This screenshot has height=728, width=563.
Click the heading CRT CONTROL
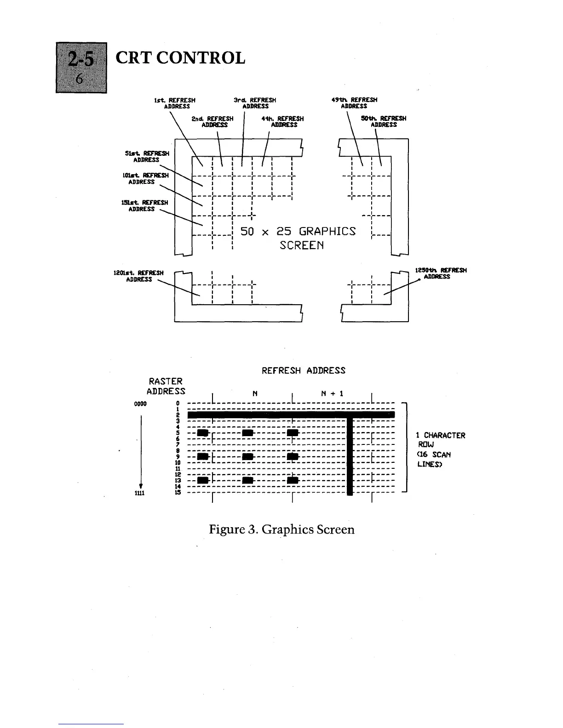[180, 58]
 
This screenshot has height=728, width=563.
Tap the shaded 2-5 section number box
[81, 67]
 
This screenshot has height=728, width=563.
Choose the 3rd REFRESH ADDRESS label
[255, 103]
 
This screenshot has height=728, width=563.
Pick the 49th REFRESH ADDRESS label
[354, 103]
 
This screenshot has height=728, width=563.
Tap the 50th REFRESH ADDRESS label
[384, 121]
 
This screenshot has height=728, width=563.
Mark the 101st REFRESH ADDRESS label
[142, 178]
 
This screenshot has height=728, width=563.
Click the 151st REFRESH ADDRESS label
[142, 205]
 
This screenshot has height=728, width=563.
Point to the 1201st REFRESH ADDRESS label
[138, 276]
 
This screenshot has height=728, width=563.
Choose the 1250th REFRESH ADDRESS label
[441, 273]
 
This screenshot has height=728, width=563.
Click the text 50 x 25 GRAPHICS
[298, 231]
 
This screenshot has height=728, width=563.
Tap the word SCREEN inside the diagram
[302, 245]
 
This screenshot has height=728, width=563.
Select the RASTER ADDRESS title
[166, 386]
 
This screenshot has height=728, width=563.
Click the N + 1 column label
[332, 393]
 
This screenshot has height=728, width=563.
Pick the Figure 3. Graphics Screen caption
[281, 529]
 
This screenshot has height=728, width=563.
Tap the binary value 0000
[140, 404]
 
